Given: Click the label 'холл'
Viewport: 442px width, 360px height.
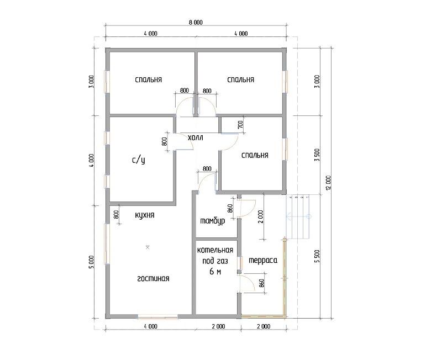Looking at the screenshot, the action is (x=196, y=137).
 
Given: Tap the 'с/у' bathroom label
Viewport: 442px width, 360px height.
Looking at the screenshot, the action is (x=139, y=160).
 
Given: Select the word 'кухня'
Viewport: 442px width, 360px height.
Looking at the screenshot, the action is (x=145, y=215).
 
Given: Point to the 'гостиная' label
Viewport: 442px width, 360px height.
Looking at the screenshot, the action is (x=153, y=278).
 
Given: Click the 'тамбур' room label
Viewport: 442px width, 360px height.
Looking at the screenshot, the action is (x=213, y=220).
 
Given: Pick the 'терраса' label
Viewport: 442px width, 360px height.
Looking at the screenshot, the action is (x=263, y=260).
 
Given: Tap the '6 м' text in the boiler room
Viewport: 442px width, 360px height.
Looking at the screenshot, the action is (x=215, y=271).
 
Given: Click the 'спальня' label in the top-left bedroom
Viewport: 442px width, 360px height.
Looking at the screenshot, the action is (x=149, y=80).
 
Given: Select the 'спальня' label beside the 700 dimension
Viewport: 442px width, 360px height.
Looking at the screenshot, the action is (x=255, y=155).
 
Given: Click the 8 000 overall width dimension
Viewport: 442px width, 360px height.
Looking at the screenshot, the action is (x=196, y=23).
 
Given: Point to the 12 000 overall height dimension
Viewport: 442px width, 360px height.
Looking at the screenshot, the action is (x=328, y=183).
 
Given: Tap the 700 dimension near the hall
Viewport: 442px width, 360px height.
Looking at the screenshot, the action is (x=240, y=124).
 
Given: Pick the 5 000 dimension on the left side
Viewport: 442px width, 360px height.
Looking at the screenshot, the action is (x=91, y=262).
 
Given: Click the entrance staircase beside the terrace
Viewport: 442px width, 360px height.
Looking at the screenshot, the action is (x=298, y=216).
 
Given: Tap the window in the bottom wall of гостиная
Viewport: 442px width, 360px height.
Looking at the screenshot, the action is (x=158, y=316).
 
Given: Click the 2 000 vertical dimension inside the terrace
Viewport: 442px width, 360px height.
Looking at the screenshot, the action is (x=260, y=216).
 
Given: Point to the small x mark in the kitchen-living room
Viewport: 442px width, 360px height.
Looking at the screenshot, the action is (x=147, y=247).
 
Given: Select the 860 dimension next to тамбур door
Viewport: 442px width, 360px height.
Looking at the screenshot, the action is (x=230, y=209).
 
